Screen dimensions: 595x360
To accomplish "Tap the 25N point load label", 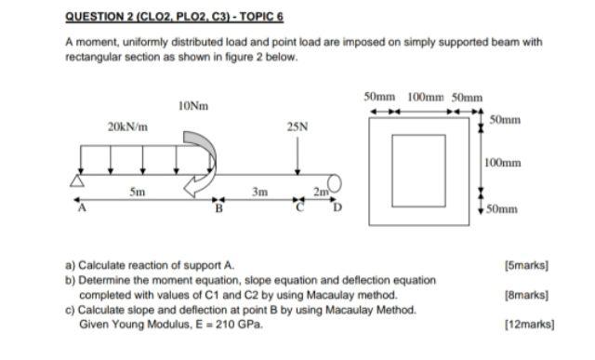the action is point(297,126).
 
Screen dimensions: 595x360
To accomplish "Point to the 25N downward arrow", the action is point(297,153).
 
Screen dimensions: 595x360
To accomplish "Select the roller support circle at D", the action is point(336,180).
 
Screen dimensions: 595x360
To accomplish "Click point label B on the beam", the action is point(219,207).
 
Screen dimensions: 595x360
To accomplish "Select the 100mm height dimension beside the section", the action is point(502,163).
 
